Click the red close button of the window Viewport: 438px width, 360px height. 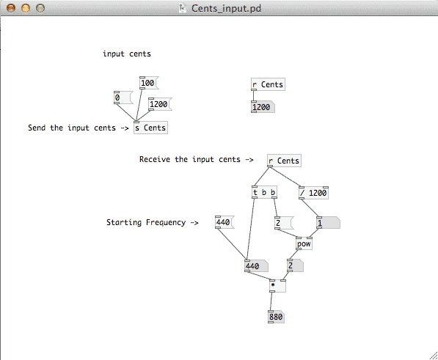pyautogui.click(x=11, y=8)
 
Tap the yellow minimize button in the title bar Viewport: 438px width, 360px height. pyautogui.click(x=26, y=8)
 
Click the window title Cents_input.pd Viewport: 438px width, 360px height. pyautogui.click(x=226, y=8)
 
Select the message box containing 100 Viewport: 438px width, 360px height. pyautogui.click(x=149, y=83)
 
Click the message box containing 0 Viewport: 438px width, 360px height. pyautogui.click(x=123, y=98)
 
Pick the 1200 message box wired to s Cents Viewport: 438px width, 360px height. pyautogui.click(x=160, y=104)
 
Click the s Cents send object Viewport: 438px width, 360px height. pyautogui.click(x=150, y=128)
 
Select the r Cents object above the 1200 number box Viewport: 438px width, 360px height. pyautogui.click(x=268, y=84)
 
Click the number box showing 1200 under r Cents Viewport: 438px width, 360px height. pyautogui.click(x=263, y=107)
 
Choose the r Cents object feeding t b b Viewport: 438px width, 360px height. pyautogui.click(x=284, y=161)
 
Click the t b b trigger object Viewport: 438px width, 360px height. pyautogui.click(x=264, y=192)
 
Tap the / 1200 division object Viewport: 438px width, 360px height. pyautogui.click(x=314, y=193)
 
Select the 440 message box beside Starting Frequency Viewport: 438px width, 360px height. pyautogui.click(x=225, y=222)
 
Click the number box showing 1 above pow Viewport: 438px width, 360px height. pyautogui.click(x=328, y=223)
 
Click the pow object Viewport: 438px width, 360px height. pyautogui.click(x=304, y=243)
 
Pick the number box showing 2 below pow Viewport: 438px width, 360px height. pyautogui.click(x=295, y=265)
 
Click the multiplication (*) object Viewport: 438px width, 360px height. pyautogui.click(x=277, y=286)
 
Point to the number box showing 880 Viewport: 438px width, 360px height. pyautogui.click(x=276, y=317)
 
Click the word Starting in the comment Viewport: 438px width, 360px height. pyautogui.click(x=124, y=222)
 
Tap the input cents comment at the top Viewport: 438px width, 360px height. pyautogui.click(x=127, y=54)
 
